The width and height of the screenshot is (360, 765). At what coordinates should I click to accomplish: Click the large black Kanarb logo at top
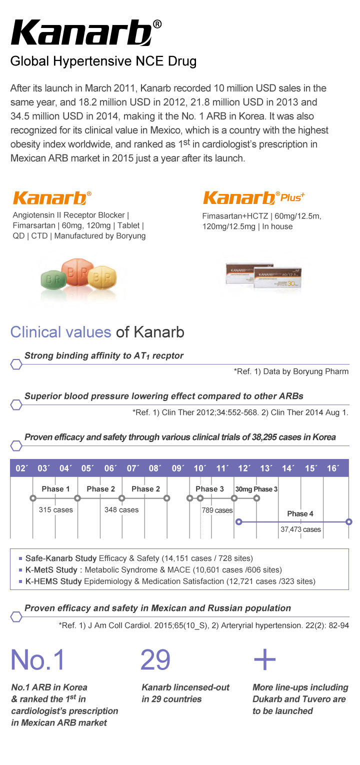82,34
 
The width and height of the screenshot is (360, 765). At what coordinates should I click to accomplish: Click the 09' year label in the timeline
177,468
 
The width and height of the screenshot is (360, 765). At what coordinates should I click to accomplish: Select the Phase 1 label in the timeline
55,488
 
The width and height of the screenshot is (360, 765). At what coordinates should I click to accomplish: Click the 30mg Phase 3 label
256,488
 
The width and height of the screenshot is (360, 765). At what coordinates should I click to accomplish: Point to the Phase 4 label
300,513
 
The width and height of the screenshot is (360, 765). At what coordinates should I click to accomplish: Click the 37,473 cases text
300,529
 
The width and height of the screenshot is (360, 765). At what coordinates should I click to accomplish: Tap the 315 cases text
55,510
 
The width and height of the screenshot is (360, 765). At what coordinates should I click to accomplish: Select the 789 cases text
217,510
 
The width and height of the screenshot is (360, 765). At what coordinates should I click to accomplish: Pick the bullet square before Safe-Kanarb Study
20,558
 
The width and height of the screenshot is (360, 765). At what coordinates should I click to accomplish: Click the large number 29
155,659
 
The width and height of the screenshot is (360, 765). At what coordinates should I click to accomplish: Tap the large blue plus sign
264,660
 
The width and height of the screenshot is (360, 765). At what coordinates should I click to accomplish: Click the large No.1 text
37,660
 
